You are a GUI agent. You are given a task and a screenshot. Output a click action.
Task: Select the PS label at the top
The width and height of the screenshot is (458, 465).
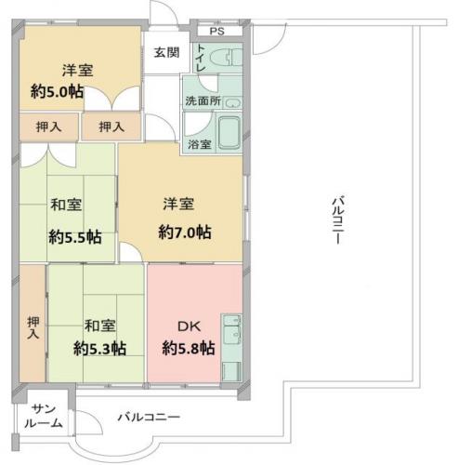216,32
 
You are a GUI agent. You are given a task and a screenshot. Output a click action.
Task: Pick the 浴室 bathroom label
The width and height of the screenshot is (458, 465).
200,144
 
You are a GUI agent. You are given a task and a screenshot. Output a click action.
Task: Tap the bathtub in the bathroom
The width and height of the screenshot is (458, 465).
228,134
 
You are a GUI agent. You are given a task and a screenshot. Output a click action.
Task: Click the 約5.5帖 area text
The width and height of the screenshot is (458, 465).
74,236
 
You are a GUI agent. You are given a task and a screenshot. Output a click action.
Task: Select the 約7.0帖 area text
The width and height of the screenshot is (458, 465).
183,231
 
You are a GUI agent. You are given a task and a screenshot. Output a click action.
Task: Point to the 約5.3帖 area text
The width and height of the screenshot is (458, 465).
100,349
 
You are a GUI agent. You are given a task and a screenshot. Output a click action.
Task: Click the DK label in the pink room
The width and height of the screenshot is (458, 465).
189,326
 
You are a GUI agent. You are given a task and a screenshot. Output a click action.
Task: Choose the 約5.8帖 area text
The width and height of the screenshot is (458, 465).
189,349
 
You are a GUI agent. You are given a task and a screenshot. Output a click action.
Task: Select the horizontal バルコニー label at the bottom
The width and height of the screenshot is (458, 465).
148,417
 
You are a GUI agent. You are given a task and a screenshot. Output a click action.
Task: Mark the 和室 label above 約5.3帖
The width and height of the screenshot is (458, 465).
99,325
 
